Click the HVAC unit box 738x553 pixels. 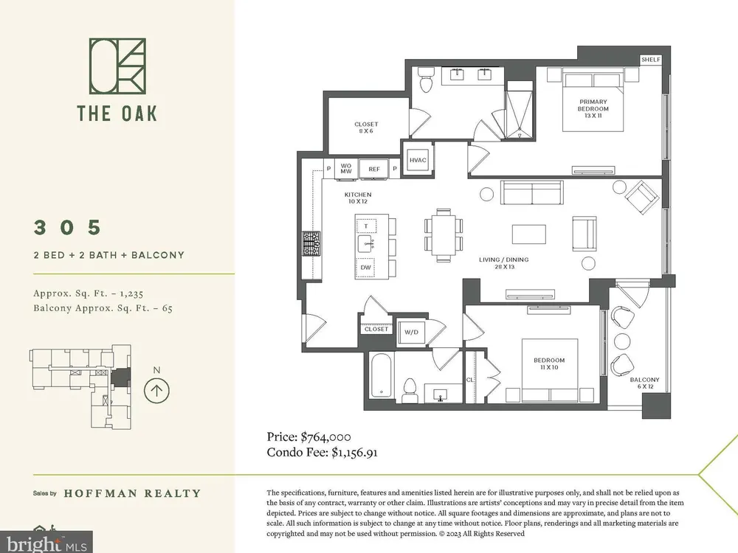(418, 160)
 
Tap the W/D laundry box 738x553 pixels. (411, 332)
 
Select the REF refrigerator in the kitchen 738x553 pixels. (373, 169)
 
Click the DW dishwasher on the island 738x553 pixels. (366, 268)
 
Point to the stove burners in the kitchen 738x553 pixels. (311, 243)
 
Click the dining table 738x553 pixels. (444, 234)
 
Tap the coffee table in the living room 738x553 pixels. (529, 234)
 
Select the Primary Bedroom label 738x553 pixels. (593, 108)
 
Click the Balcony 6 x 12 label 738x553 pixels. (644, 383)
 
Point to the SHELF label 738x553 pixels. (650, 60)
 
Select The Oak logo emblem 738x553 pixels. (117, 66)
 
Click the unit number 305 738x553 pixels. (67, 227)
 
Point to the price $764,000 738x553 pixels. (325, 437)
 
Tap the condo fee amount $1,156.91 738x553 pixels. (354, 453)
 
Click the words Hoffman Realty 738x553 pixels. (132, 493)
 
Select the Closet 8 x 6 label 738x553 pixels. (366, 128)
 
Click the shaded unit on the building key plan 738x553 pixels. (120, 378)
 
